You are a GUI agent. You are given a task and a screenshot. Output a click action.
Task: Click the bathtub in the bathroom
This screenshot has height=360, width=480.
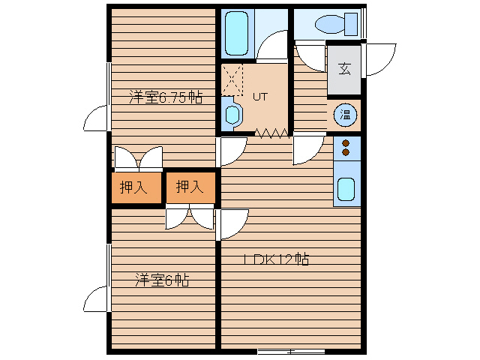(x=236, y=33)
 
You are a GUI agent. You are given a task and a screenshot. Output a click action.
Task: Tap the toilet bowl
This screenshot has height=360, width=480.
(x=330, y=24)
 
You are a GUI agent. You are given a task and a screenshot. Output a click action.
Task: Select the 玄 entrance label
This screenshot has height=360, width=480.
(x=344, y=69)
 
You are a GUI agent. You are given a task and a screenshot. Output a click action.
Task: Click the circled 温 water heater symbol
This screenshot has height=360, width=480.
(x=345, y=115)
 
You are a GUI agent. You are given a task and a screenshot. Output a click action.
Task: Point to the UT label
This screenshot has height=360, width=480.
(x=260, y=97)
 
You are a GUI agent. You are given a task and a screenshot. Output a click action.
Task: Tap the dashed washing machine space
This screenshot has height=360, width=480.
(x=232, y=80)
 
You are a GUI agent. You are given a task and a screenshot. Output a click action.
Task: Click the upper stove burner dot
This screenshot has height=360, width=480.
(x=346, y=143)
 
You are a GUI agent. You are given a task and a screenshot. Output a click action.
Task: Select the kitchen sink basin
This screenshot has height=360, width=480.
(x=346, y=189)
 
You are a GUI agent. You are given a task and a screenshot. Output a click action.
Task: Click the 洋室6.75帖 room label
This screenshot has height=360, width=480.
(x=166, y=97)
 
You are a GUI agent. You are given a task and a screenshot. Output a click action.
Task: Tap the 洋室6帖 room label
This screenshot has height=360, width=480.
(x=162, y=280)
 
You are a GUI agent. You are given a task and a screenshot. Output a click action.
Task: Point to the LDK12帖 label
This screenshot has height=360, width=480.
(x=277, y=259)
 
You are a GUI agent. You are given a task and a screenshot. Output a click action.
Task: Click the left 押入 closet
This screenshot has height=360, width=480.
(x=136, y=187)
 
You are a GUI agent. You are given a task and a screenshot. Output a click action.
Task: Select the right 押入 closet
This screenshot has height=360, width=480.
(x=190, y=187)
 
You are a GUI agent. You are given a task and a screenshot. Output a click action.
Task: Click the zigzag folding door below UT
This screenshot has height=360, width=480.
(x=272, y=133)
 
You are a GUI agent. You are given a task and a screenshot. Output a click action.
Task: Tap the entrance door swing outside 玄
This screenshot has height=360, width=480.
(x=379, y=59)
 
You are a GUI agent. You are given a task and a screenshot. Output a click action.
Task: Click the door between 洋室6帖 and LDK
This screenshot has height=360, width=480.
(x=232, y=225)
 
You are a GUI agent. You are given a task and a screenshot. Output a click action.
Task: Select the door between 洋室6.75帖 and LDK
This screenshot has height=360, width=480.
(x=231, y=151)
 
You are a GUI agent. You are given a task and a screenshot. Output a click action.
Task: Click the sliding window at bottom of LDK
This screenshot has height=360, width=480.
(x=291, y=351)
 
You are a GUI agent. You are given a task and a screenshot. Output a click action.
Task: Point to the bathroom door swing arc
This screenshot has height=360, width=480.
(x=272, y=46)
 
